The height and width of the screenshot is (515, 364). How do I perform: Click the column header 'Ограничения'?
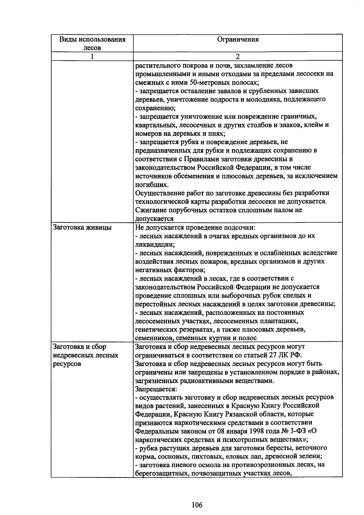coord(238,39)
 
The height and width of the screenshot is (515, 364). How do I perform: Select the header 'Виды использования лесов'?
coord(92,43)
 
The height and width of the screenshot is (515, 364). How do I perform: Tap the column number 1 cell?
coord(92,56)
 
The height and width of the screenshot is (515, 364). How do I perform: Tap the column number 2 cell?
coord(238,56)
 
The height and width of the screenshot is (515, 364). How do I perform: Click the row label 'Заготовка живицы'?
coord(82,227)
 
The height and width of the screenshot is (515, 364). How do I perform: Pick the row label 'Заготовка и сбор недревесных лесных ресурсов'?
coord(86,355)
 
